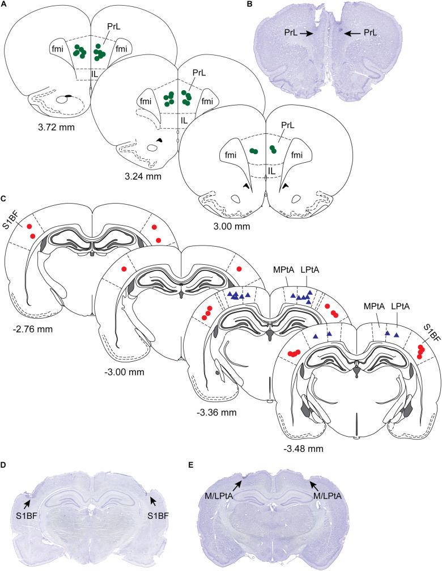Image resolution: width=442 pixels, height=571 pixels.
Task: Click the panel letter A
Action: point(5,5)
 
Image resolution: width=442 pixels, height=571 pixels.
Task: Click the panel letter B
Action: point(249,5)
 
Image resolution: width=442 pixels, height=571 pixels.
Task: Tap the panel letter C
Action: point(5,199)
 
